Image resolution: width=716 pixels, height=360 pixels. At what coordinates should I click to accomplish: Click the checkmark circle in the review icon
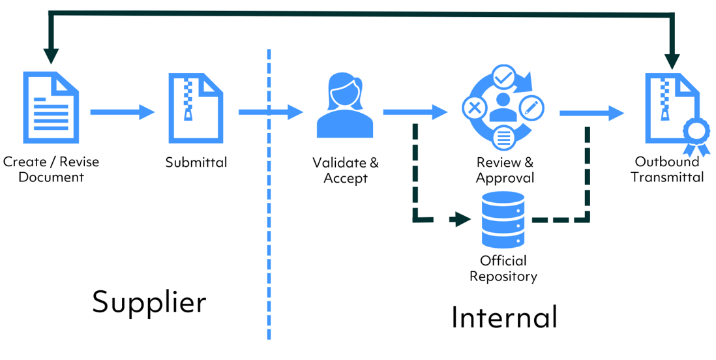pyautogui.click(x=503, y=77)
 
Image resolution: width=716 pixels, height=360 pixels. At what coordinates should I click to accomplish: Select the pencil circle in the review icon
pyautogui.click(x=532, y=106)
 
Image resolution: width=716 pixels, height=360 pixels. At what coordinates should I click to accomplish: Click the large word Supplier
pyautogui.click(x=149, y=302)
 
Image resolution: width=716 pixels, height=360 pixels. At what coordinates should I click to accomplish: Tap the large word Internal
pyautogui.click(x=504, y=317)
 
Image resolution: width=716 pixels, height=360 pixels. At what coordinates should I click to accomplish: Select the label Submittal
pyautogui.click(x=196, y=162)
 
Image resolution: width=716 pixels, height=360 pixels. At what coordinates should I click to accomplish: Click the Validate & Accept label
pyautogui.click(x=345, y=170)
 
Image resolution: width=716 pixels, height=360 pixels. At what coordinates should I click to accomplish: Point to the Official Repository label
pyautogui.click(x=503, y=268)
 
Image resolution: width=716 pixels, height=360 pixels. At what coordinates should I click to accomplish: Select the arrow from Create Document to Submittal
pyautogui.click(x=122, y=112)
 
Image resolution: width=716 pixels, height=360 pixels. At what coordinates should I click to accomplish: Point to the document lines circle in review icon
pyautogui.click(x=503, y=136)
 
